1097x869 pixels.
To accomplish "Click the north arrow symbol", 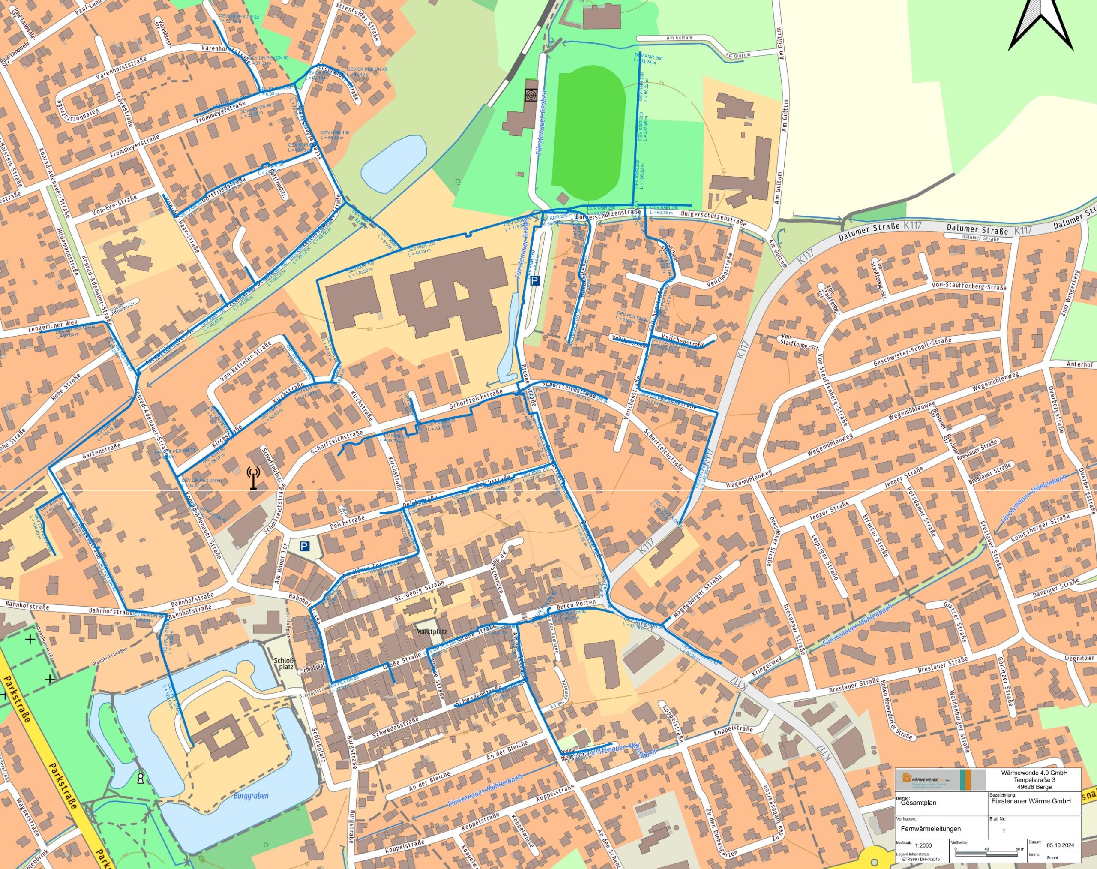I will coord(1040,25).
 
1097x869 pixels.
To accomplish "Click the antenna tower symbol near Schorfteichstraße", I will coord(253,478).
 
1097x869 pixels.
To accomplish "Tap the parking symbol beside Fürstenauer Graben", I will coord(534,280).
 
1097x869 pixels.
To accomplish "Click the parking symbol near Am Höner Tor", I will coord(304,547).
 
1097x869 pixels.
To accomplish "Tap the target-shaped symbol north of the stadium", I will coord(531,95).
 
